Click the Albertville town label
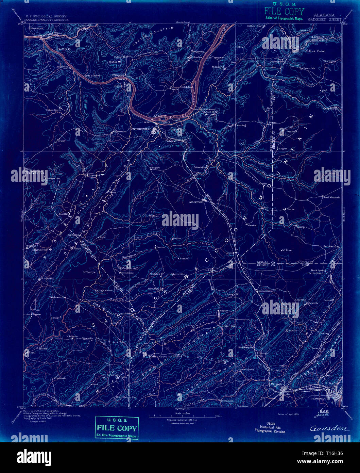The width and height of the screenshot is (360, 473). click(x=195, y=201)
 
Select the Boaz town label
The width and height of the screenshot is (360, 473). click(x=229, y=253)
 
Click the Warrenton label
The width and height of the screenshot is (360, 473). click(x=120, y=131)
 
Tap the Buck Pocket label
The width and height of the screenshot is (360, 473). click(x=317, y=51)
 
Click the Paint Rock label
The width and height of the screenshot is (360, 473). click(x=64, y=49)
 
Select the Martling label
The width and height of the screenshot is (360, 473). click(x=241, y=125)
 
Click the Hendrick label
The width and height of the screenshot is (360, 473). click(x=61, y=378)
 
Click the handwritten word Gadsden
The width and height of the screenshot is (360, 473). click(x=329, y=428)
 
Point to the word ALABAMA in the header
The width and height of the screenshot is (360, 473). click(x=324, y=15)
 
